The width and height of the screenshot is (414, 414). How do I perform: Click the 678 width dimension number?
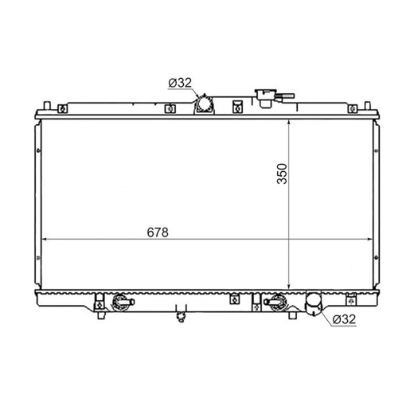point(158,232)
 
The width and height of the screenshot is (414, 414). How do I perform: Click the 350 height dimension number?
point(282,174)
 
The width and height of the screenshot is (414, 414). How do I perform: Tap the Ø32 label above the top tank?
point(180,83)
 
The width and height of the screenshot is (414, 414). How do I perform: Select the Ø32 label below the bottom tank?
point(344,319)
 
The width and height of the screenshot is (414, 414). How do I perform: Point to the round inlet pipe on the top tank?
point(204,104)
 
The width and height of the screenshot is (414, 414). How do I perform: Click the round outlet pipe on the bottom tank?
point(314,304)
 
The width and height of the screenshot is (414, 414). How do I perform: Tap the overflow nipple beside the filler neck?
point(286,96)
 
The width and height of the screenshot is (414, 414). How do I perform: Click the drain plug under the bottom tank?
point(182,316)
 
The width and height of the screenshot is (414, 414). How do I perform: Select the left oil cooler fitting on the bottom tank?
point(122,302)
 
